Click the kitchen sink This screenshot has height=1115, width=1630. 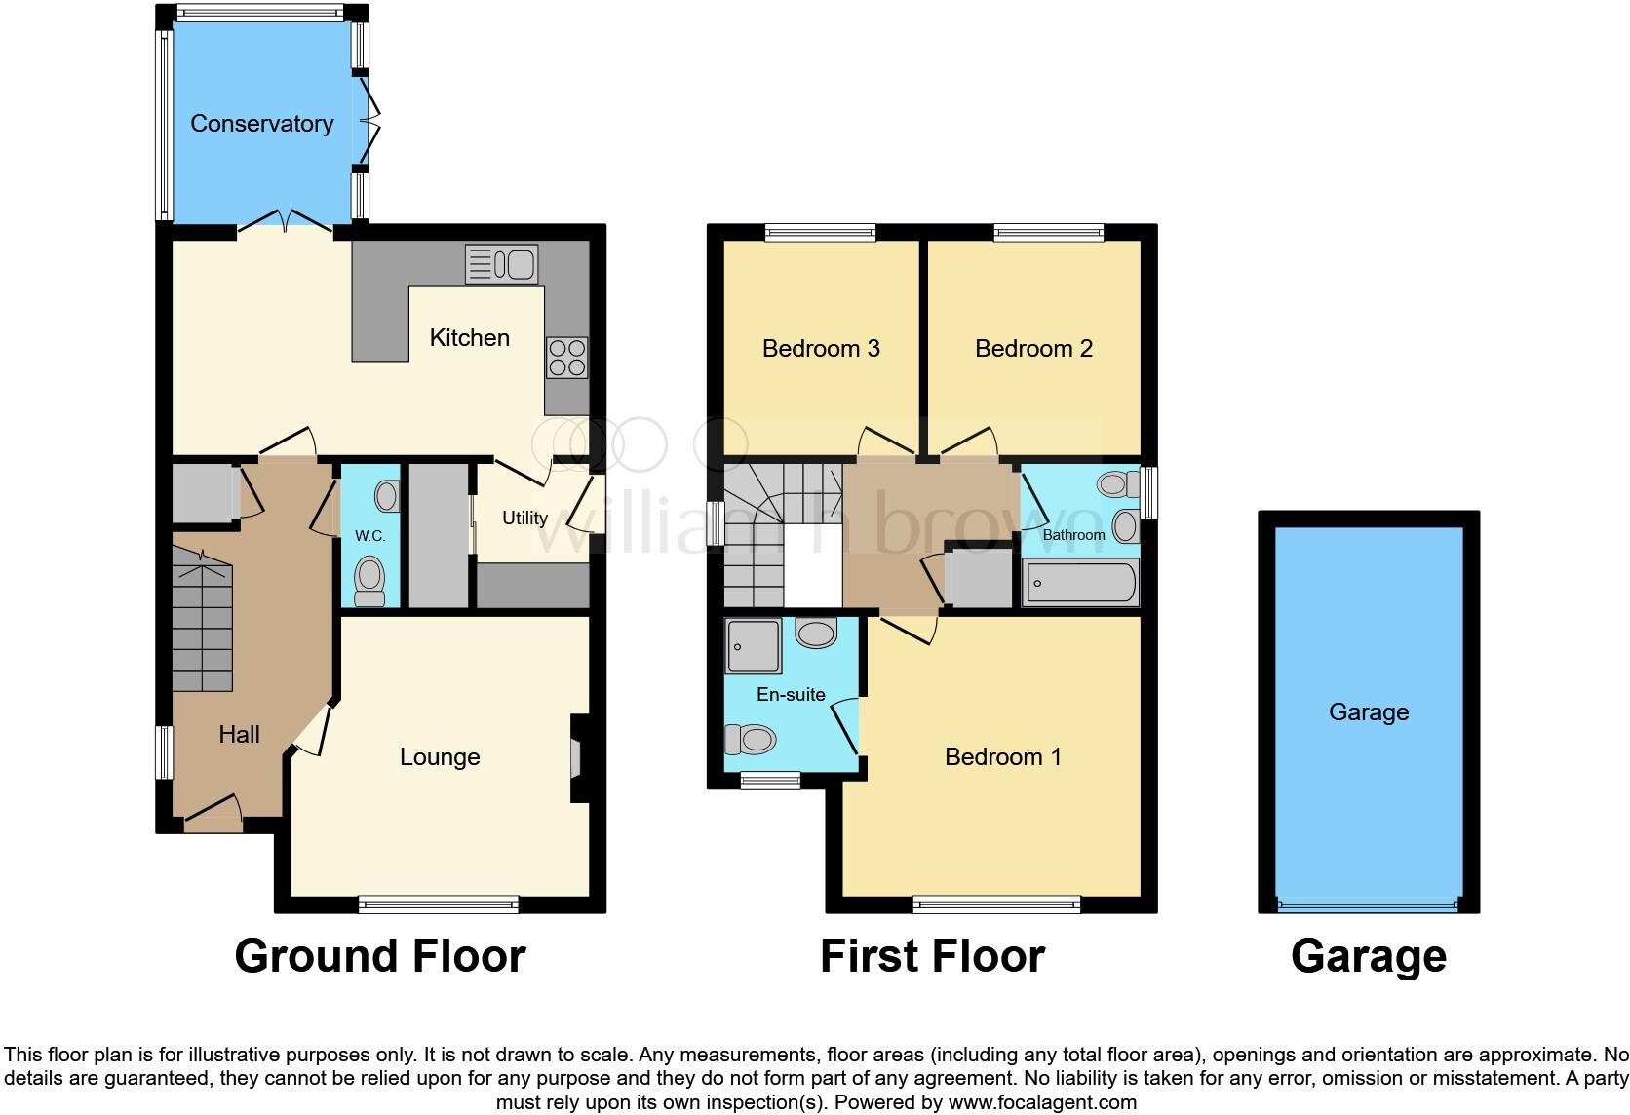[x=502, y=264]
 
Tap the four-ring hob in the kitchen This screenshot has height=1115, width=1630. [x=566, y=357]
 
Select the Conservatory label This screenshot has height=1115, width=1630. [x=261, y=124]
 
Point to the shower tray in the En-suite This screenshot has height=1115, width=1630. [x=753, y=645]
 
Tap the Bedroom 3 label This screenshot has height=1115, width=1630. [x=821, y=348]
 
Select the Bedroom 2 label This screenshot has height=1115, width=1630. [x=1033, y=348]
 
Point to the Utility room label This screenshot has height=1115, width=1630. [x=524, y=518]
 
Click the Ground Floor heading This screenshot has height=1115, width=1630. [x=380, y=956]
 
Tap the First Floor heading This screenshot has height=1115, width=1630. [x=932, y=956]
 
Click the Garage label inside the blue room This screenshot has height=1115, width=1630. [x=1368, y=712]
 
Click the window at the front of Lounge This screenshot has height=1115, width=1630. [x=439, y=904]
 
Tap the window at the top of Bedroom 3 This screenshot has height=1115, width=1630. [x=820, y=232]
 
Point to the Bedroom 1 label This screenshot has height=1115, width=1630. [x=1002, y=757]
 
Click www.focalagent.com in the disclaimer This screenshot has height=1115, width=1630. [x=1041, y=1103]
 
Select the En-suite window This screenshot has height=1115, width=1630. [x=770, y=780]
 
